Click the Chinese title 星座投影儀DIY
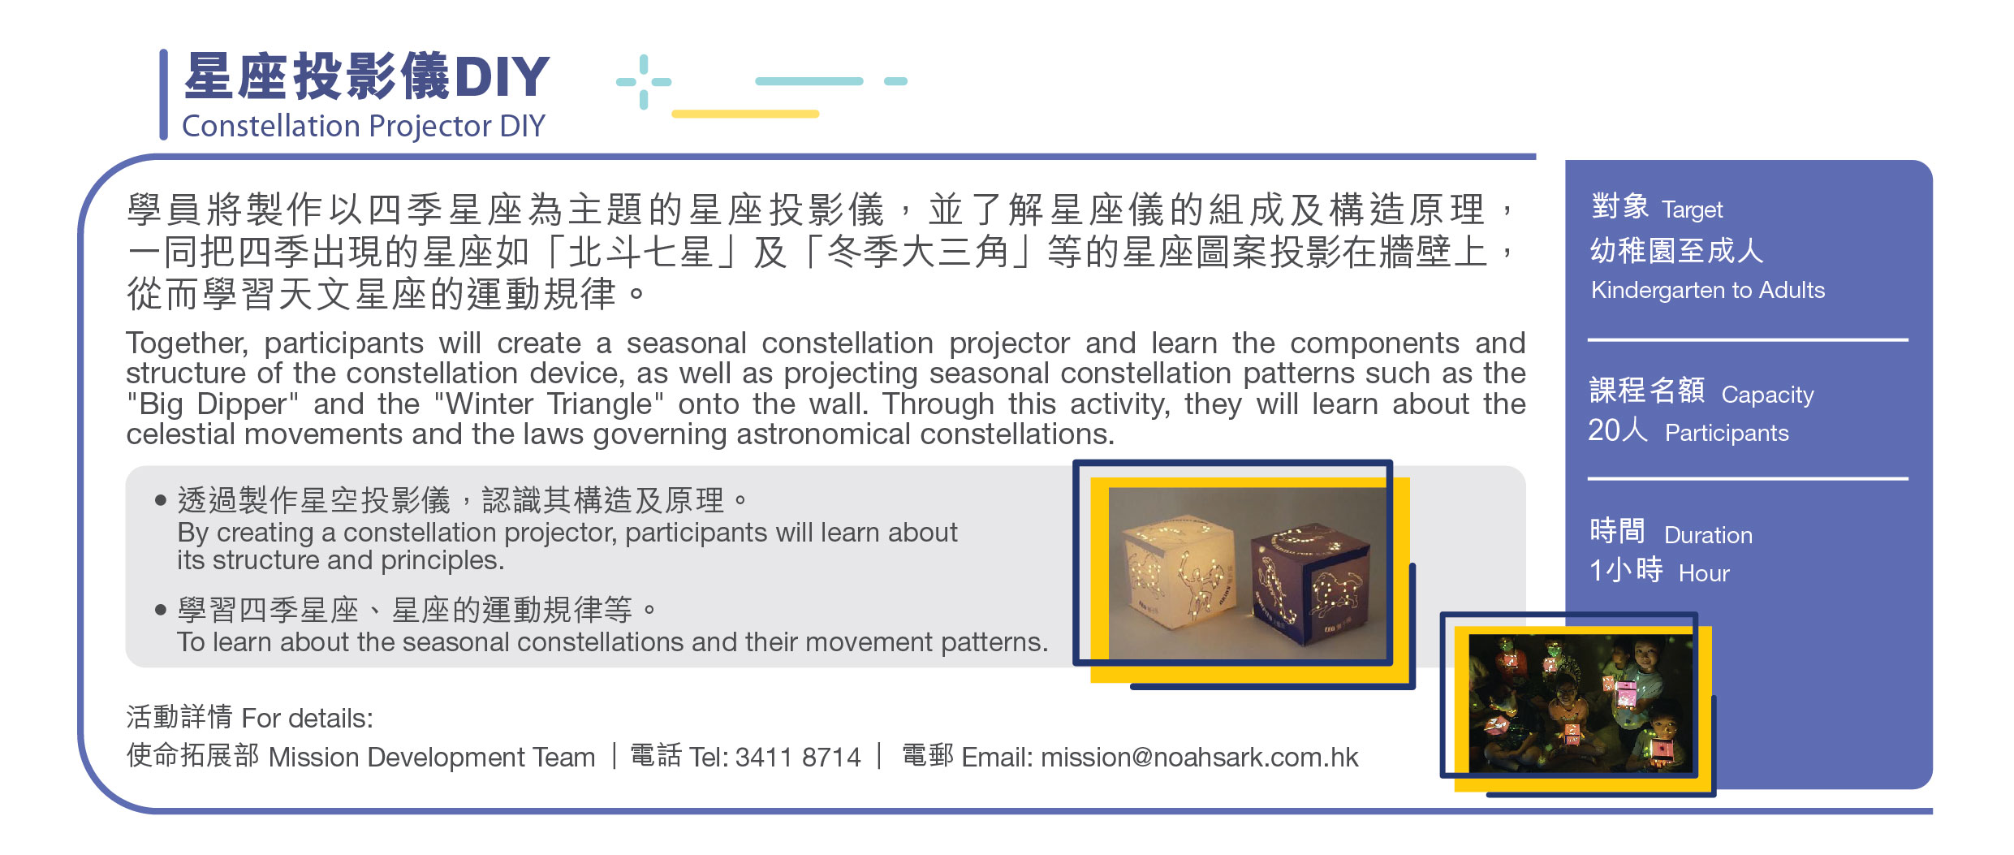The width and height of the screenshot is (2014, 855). point(367,76)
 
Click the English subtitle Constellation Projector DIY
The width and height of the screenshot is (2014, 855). point(364,126)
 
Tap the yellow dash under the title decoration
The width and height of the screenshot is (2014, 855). point(745,114)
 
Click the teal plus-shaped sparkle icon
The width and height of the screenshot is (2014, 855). point(644,81)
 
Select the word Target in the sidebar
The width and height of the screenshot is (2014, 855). point(1692,209)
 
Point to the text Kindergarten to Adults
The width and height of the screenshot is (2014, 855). point(1708,290)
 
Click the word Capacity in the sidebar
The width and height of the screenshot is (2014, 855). point(1767,395)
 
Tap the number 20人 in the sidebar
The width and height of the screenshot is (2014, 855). point(1618,430)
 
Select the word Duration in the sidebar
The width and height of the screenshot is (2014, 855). point(1708,535)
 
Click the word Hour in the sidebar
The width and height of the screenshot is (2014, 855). point(1704,573)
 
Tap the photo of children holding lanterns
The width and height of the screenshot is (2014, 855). point(1581,703)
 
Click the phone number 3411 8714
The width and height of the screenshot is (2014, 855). point(798,757)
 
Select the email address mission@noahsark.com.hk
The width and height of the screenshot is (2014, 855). point(1199,757)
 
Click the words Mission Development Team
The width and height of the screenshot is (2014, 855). point(432,757)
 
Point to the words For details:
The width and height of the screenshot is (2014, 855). point(307,718)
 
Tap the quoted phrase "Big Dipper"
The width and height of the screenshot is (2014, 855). point(213,404)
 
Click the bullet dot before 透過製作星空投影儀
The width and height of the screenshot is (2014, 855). point(160,500)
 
